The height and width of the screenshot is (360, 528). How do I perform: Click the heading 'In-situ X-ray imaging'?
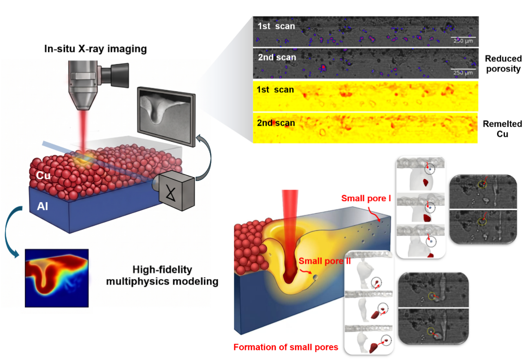pos(96,49)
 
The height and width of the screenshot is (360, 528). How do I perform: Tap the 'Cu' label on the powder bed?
pos(43,175)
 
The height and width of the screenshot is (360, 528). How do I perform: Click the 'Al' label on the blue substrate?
pos(43,206)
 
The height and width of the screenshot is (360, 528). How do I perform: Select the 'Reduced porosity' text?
pos(503,64)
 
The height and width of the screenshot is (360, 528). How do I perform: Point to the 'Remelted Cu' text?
pos(502,129)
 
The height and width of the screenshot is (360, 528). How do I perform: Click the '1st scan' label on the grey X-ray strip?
pos(276,26)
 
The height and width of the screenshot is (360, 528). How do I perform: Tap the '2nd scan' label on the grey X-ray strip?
pos(277,58)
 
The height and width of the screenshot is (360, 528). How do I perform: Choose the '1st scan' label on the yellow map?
pos(275,90)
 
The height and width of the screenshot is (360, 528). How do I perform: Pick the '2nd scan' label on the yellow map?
pos(276,123)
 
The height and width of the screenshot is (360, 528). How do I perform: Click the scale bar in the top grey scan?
pos(463,37)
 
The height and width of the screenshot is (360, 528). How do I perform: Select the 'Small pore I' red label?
pos(366,198)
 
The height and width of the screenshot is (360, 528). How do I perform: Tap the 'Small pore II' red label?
pos(325,261)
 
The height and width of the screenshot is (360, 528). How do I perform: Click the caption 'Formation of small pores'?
pos(286,347)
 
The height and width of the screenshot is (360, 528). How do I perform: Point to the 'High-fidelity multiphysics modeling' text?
pos(162,275)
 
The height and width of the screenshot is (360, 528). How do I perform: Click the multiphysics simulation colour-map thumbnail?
pos(56,278)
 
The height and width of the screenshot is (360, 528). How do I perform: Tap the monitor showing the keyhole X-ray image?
pos(166,116)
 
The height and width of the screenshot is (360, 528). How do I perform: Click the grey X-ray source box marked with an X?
pos(176,191)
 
